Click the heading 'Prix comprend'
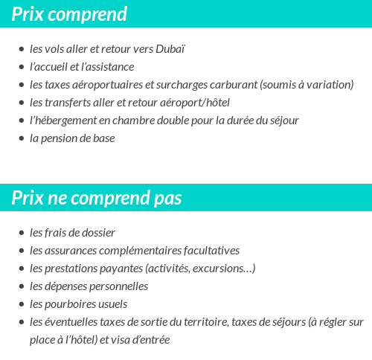pyautogui.click(x=69, y=14)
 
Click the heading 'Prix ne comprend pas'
pyautogui.click(x=97, y=198)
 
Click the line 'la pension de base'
pyautogui.click(x=72, y=138)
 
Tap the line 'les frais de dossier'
pyautogui.click(x=72, y=233)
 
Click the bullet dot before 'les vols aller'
pyautogui.click(x=22, y=50)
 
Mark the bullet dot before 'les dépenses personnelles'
pyautogui.click(x=22, y=287)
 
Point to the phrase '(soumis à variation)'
pyautogui.click(x=307, y=85)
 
